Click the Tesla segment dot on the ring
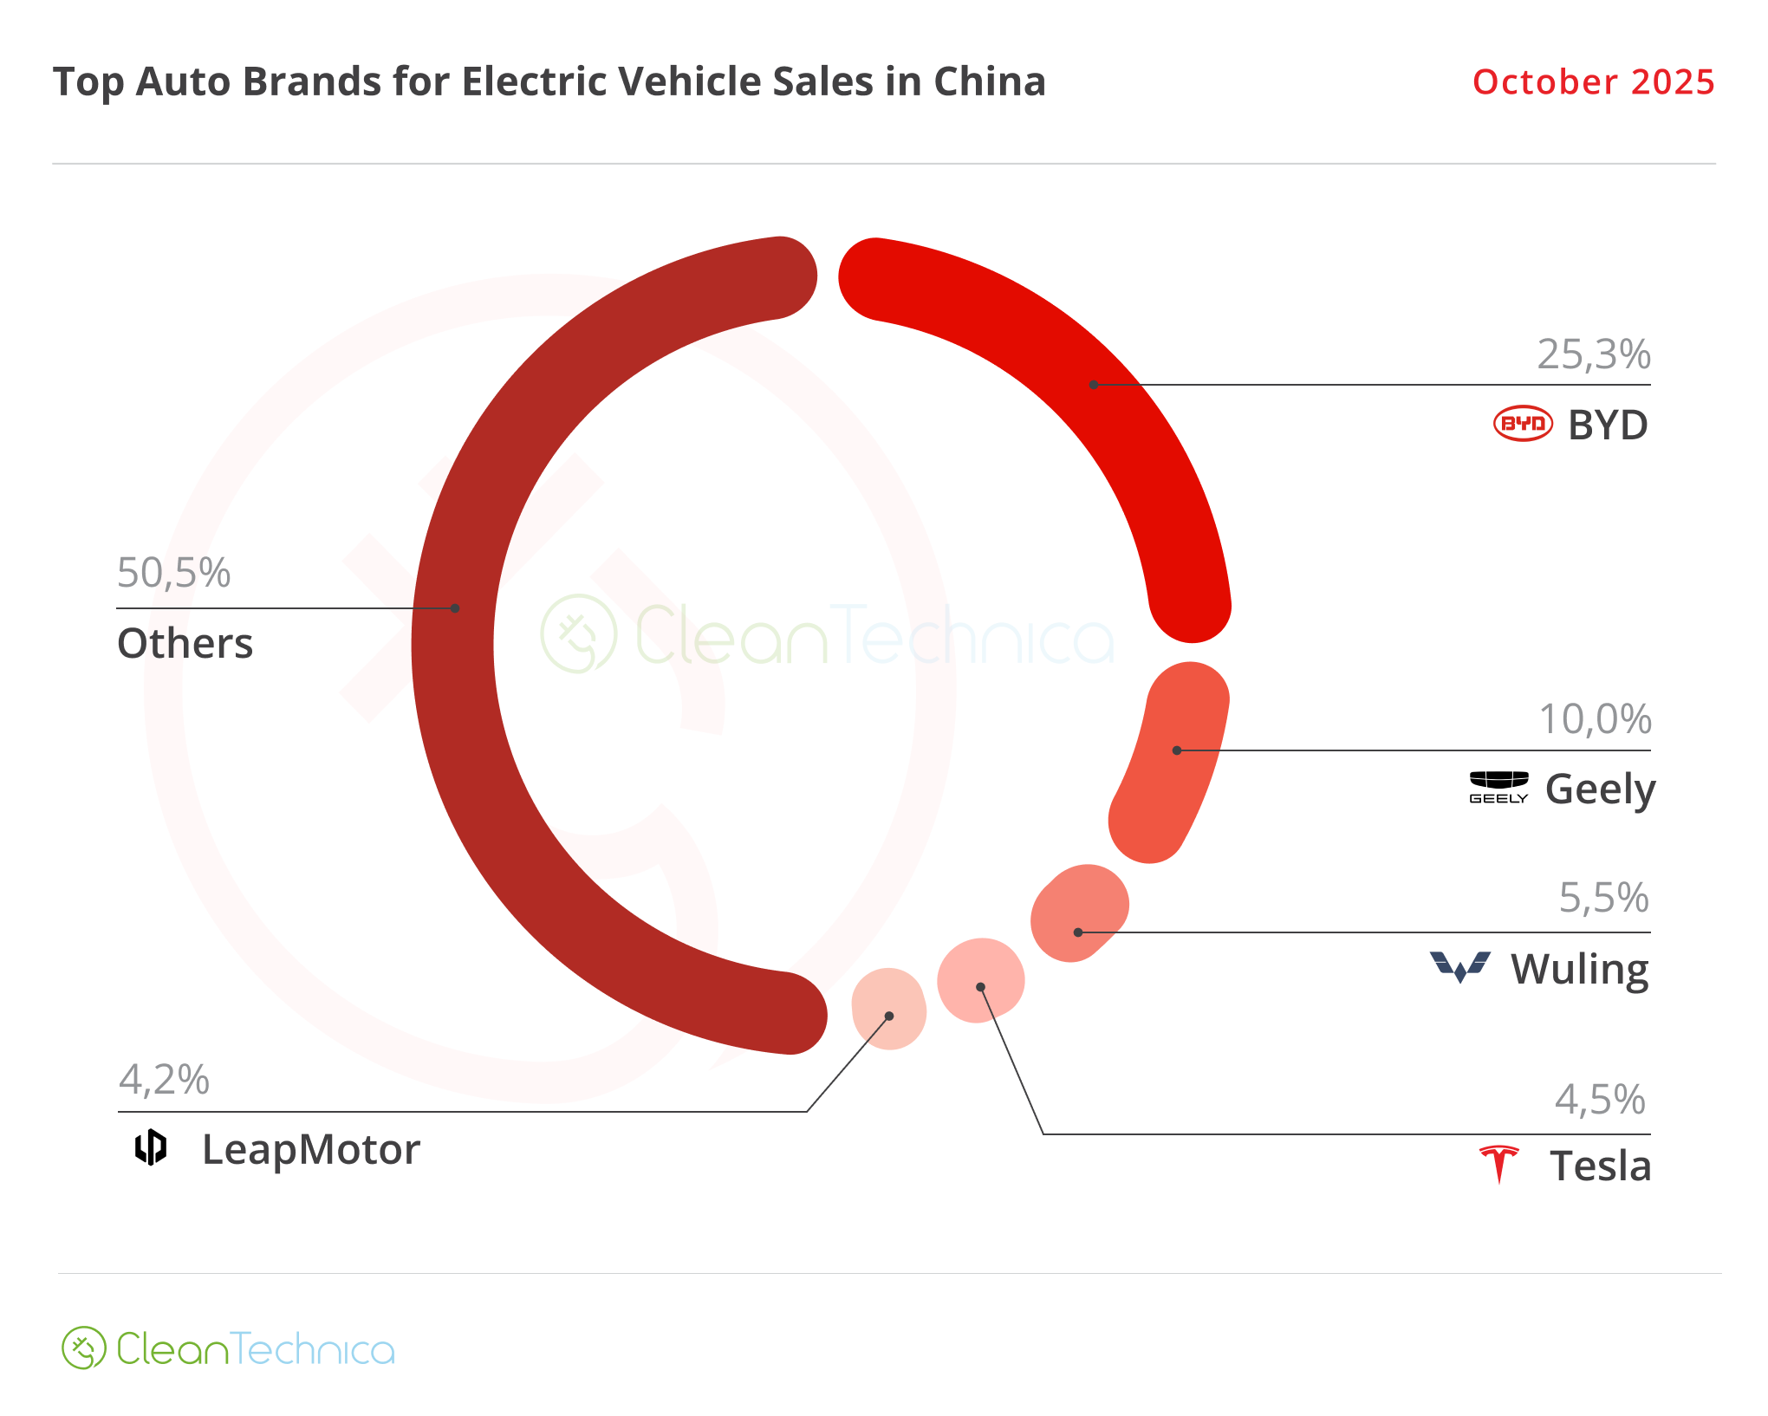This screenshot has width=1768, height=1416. [980, 981]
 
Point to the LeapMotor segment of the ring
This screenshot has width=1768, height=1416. [889, 1009]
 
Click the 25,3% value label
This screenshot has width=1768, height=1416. [1593, 354]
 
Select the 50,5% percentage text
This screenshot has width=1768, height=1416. [173, 573]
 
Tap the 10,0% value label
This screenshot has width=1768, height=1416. [1594, 719]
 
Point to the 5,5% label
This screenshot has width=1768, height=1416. [1603, 898]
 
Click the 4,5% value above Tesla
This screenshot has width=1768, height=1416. [1600, 1100]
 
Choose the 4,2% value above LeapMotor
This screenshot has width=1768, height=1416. [164, 1080]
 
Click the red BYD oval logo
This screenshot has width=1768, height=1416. [1523, 424]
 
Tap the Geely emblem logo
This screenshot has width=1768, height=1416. [1498, 787]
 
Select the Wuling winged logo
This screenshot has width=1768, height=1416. [1460, 966]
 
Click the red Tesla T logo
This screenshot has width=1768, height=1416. [1499, 1164]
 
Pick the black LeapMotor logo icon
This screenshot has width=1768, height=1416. [151, 1147]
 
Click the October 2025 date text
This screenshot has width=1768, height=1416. [1593, 82]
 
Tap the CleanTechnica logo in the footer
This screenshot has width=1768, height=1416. [228, 1348]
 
